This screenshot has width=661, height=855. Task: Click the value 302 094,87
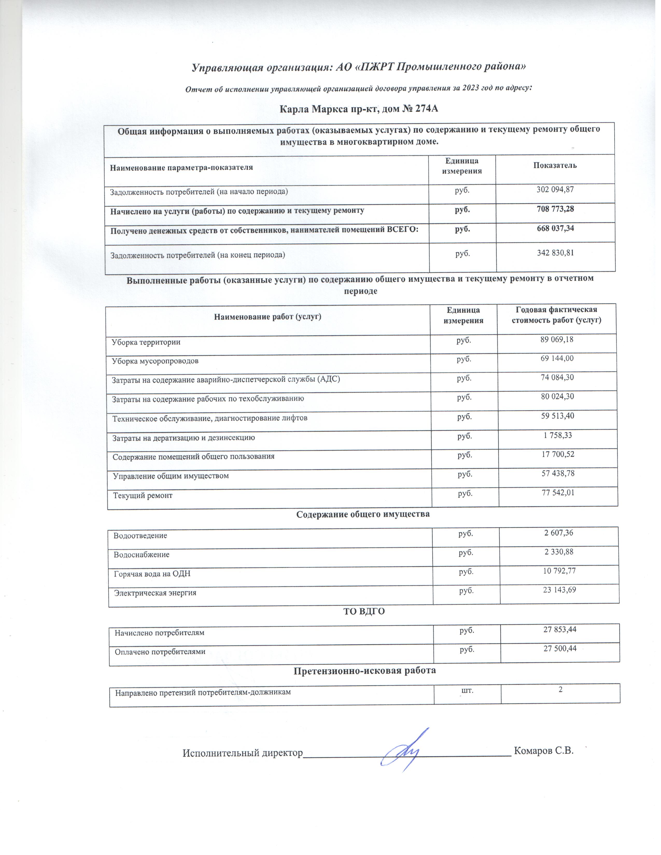(555, 189)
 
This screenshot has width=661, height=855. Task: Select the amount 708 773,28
(555, 209)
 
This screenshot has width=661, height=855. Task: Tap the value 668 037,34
(555, 228)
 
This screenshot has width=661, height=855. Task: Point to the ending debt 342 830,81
(555, 253)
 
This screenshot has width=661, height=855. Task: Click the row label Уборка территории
(146, 342)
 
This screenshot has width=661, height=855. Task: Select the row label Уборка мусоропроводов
(155, 361)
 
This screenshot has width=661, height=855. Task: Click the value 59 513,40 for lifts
(558, 416)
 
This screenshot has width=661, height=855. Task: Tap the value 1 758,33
(558, 435)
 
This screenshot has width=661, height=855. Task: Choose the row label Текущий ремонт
(143, 496)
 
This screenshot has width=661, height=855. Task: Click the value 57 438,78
(558, 473)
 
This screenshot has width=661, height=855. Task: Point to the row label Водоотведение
(140, 536)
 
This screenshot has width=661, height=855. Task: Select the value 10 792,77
(559, 571)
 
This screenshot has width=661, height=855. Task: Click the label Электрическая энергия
(155, 593)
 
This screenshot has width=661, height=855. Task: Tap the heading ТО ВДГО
(364, 611)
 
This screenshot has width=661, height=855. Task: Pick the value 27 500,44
(560, 648)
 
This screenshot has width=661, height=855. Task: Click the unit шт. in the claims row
(468, 690)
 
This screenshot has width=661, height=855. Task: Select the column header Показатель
(555, 165)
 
